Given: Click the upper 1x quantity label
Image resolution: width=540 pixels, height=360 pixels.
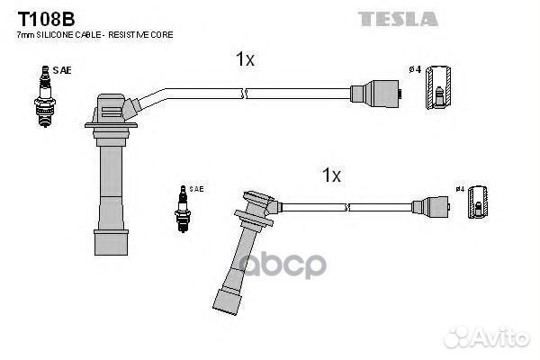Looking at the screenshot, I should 245,60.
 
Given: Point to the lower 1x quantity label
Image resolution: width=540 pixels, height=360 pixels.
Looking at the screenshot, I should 331,175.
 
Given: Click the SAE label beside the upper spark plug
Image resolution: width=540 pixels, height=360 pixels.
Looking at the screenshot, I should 61,69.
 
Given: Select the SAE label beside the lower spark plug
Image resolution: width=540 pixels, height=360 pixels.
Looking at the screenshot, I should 197,189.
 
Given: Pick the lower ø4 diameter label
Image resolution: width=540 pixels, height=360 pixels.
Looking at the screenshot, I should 460,190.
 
